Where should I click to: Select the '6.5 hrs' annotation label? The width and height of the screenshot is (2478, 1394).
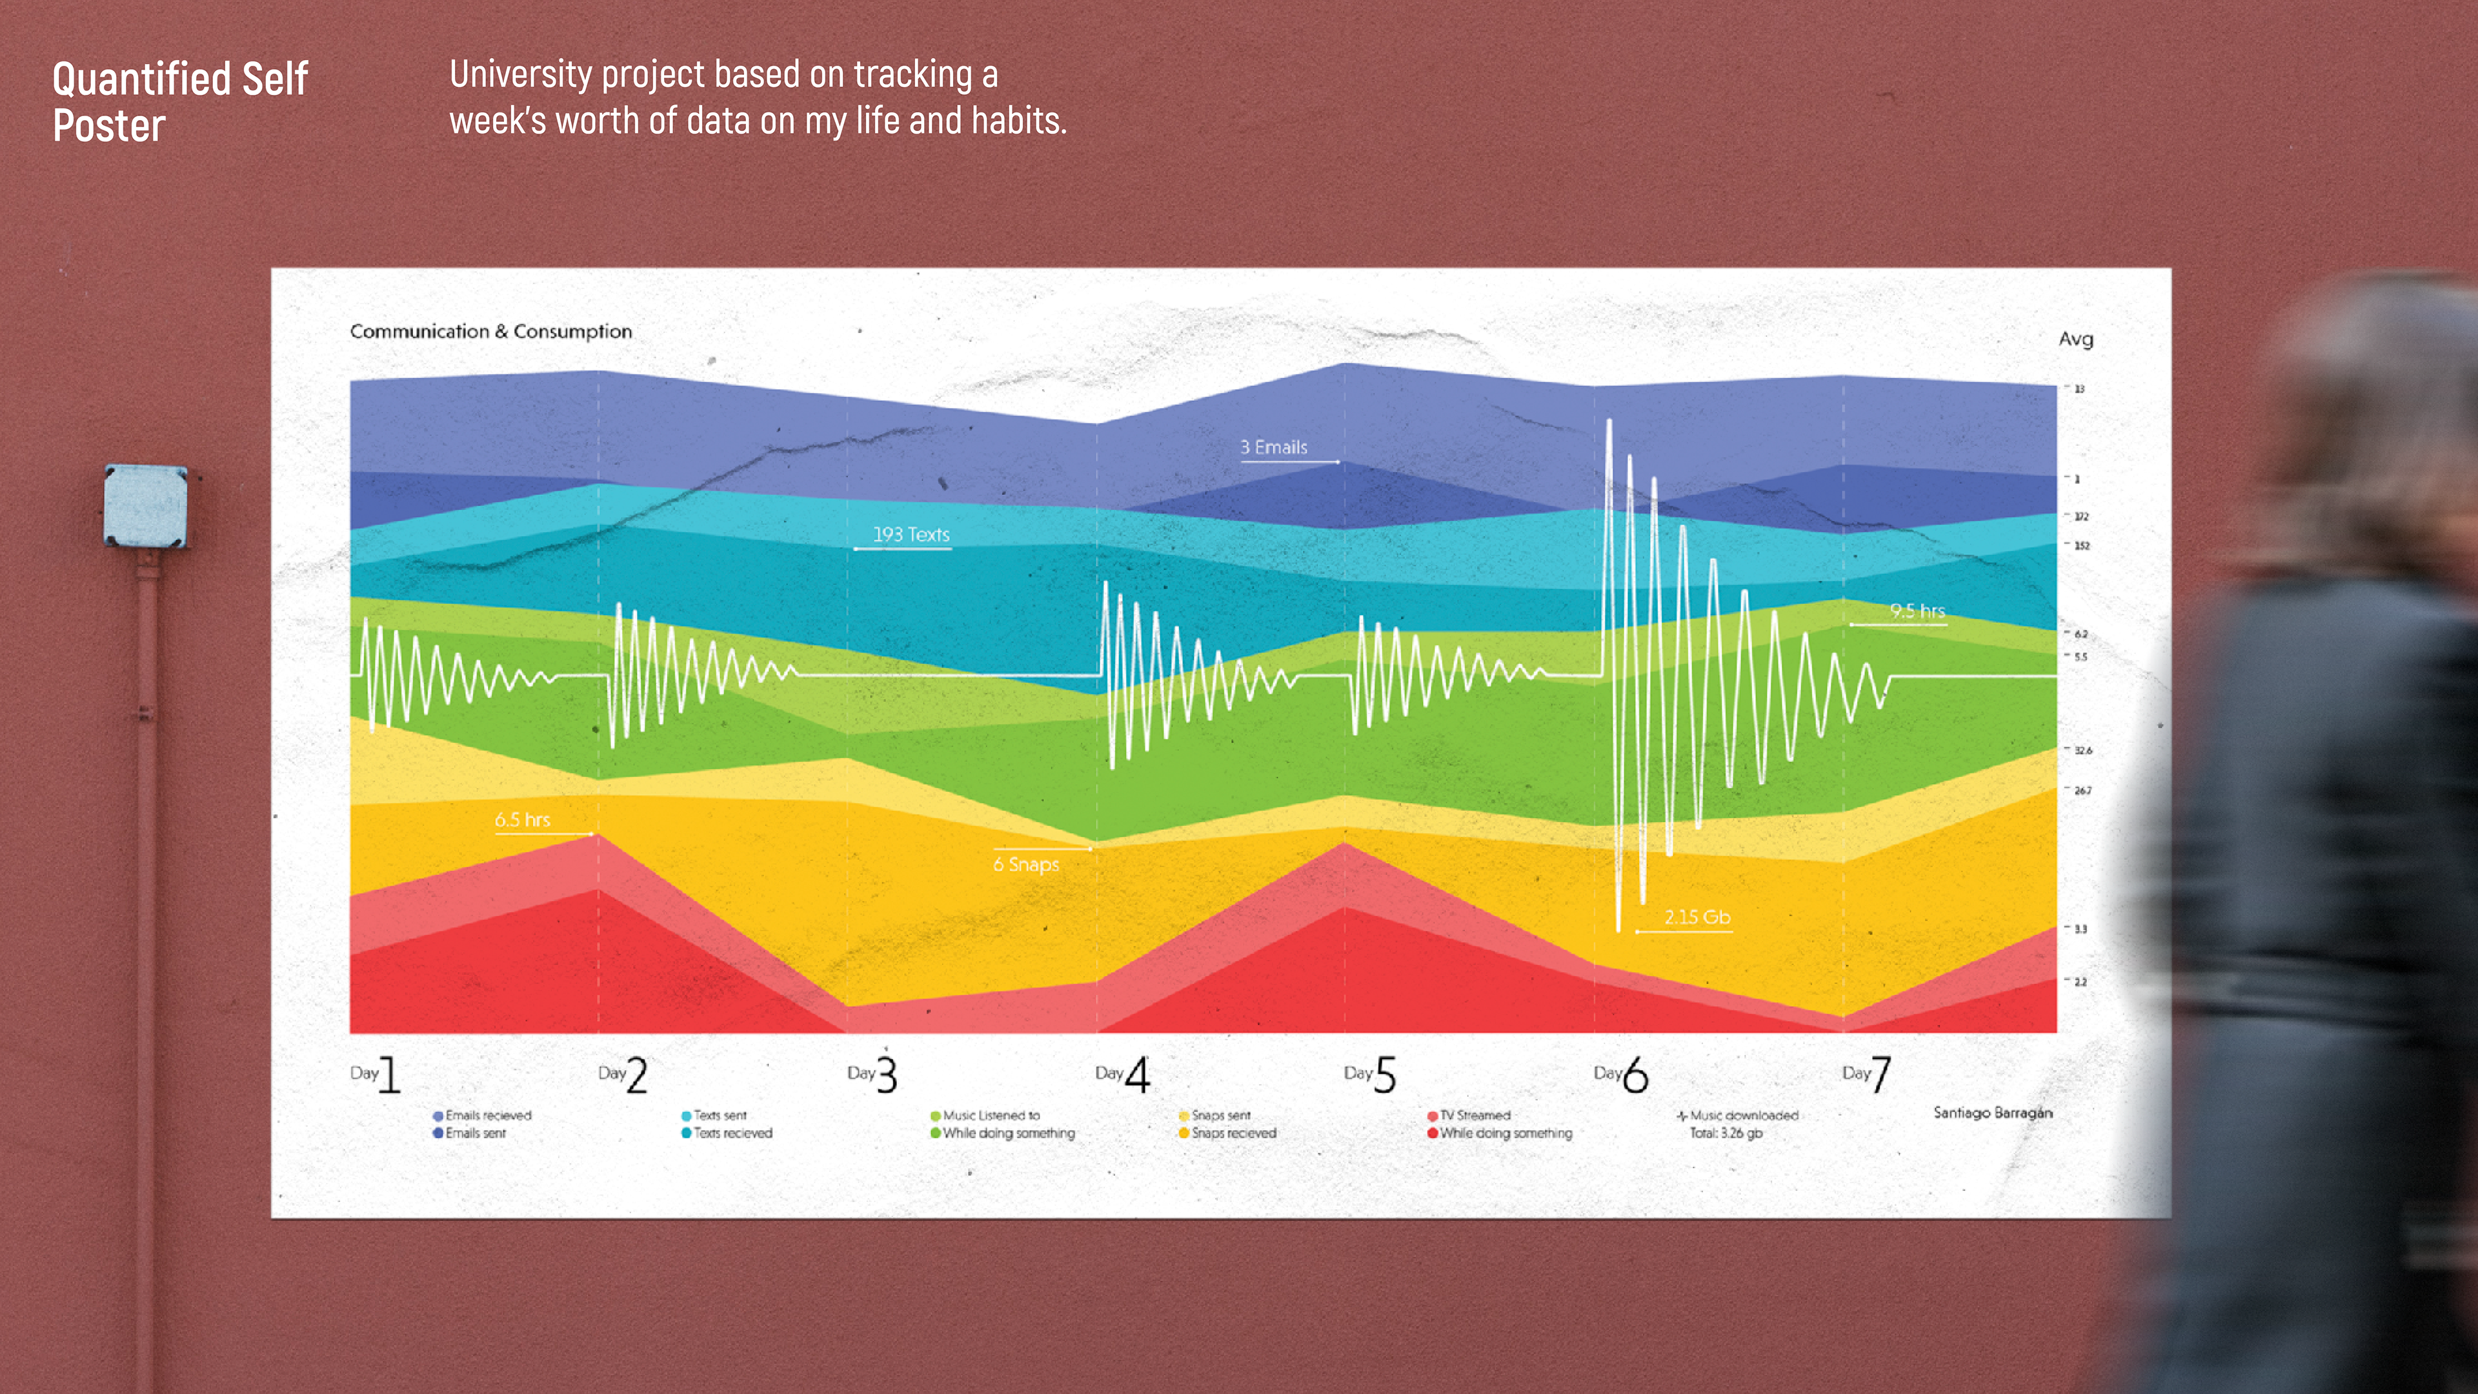click(x=522, y=820)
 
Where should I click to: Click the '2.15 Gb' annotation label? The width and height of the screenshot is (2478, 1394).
click(x=1697, y=917)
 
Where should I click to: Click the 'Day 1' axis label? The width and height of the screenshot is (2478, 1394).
click(x=375, y=1075)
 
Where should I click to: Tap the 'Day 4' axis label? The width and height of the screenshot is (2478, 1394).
click(x=1123, y=1075)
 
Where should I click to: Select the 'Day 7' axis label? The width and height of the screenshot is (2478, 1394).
click(x=1867, y=1075)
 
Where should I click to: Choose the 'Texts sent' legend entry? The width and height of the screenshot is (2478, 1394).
click(x=719, y=1116)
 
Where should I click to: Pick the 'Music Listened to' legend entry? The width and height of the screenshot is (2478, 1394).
click(x=990, y=1116)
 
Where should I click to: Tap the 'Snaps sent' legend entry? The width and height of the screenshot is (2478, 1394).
click(x=1220, y=1116)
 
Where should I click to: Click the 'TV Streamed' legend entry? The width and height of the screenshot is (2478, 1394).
click(x=1474, y=1116)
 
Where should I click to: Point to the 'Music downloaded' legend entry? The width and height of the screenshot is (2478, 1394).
click(x=1742, y=1116)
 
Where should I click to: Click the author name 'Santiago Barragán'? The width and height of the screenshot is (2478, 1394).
click(x=1992, y=1113)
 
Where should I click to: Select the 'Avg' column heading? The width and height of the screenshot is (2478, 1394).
click(x=2075, y=339)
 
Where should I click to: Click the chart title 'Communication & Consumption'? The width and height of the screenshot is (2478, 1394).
click(x=490, y=332)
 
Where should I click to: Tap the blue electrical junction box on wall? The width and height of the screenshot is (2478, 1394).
click(x=145, y=506)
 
